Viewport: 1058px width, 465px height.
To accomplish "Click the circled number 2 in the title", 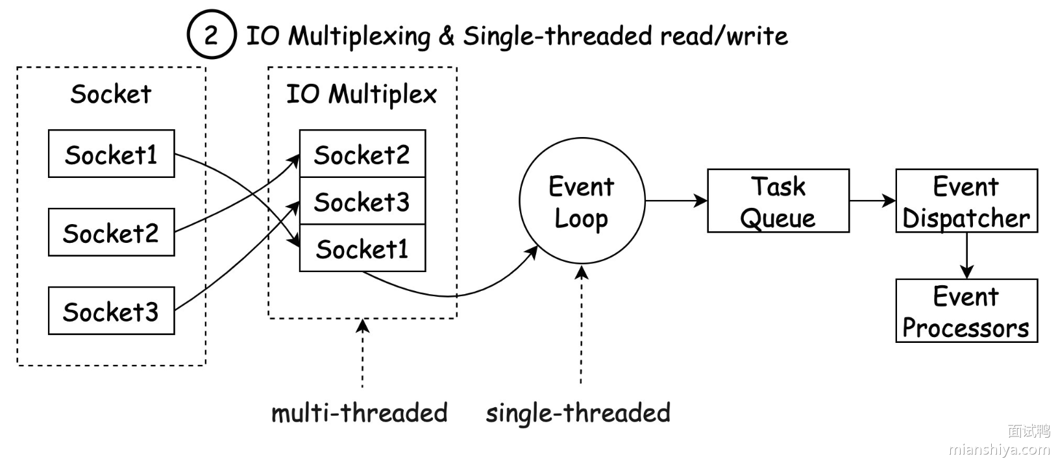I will [x=211, y=34].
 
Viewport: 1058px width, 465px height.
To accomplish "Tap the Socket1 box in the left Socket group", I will [x=112, y=154].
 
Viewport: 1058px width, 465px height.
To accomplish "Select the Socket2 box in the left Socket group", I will [x=112, y=232].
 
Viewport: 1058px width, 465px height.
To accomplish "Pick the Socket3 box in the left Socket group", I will [x=112, y=311].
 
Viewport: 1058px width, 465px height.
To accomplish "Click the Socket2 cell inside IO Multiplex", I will [x=362, y=154].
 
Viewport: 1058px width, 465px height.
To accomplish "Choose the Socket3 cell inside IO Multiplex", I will [x=362, y=201].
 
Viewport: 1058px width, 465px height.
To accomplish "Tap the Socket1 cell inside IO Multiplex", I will [x=362, y=248].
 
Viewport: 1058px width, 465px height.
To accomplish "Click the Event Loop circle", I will [x=582, y=201].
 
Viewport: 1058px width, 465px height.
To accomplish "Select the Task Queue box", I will [x=778, y=201].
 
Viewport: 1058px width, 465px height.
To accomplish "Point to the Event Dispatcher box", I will [x=966, y=201].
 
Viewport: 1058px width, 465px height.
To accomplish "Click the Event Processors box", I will [x=966, y=311].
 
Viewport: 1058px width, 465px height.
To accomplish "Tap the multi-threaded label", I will [x=360, y=412].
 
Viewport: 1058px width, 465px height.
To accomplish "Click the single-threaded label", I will [x=578, y=412].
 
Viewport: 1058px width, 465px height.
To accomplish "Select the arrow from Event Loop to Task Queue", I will [x=676, y=201].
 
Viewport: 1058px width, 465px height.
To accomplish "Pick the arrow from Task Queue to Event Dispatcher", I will [x=872, y=201].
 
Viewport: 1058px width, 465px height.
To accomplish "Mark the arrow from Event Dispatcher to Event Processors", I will [x=966, y=255].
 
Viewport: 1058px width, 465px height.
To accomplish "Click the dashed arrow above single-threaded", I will [x=582, y=325].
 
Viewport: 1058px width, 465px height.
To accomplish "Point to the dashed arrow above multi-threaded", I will [x=362, y=354].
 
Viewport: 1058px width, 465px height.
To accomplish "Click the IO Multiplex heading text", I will [x=362, y=94].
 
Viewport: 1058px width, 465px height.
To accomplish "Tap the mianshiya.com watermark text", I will [x=999, y=449].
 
